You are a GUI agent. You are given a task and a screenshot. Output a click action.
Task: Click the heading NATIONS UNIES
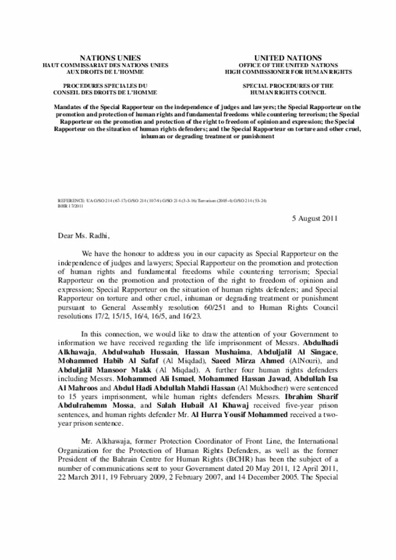click(105, 57)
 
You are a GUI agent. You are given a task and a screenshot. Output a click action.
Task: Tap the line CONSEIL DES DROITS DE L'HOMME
click(105, 92)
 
